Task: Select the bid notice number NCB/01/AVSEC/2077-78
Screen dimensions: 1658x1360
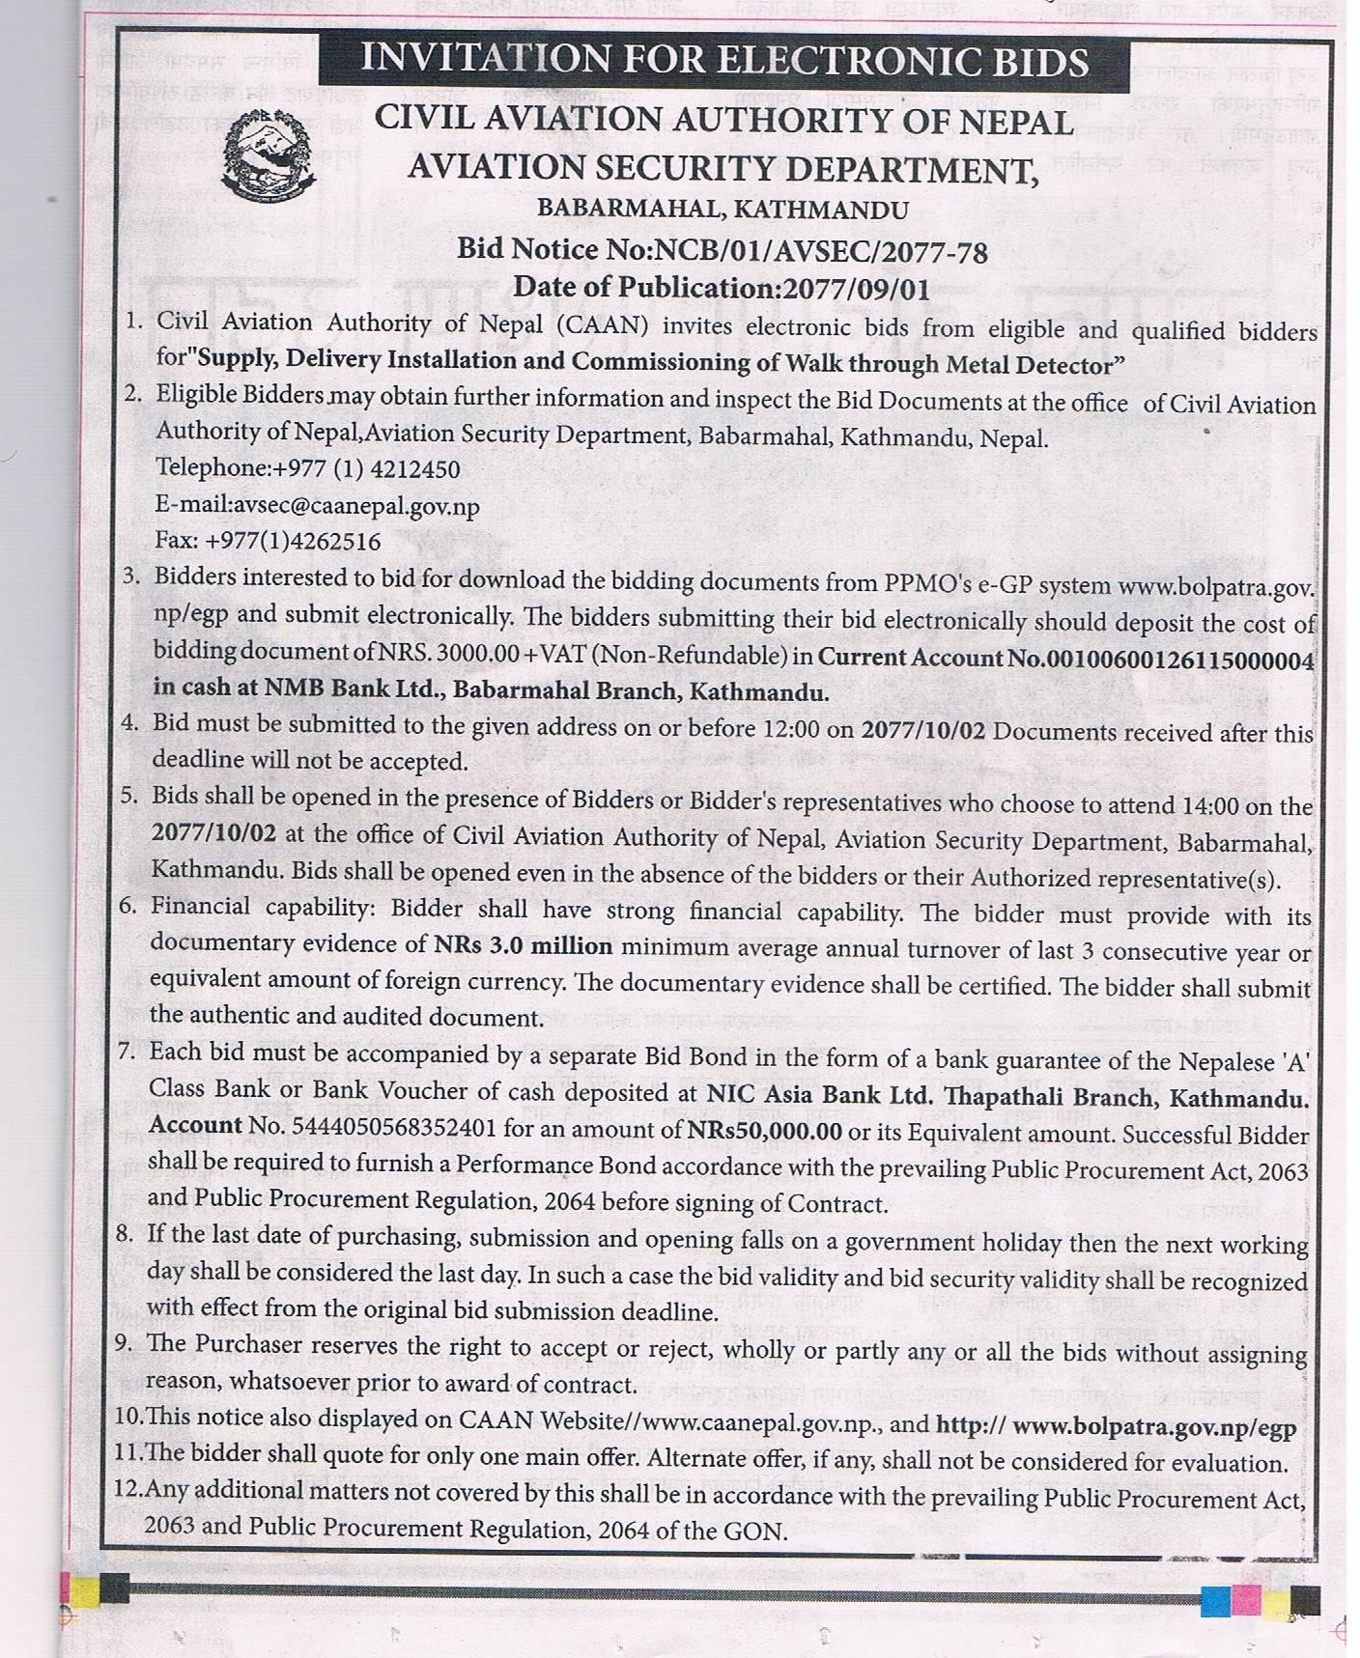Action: pyautogui.click(x=821, y=252)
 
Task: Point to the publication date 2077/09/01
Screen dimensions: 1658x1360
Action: pyautogui.click(x=856, y=288)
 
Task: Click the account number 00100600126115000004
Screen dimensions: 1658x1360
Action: pyautogui.click(x=1142, y=660)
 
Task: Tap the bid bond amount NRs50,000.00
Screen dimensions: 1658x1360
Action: pyautogui.click(x=764, y=1130)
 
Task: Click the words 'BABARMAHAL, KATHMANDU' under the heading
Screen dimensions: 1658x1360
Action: pyautogui.click(x=722, y=209)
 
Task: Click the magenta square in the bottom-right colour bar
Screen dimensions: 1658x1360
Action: pyautogui.click(x=1246, y=1600)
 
